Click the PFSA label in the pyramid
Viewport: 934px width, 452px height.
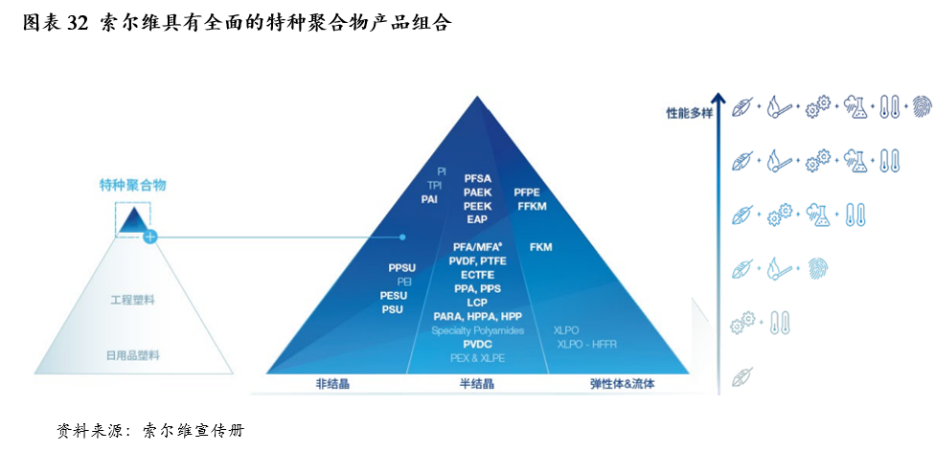[x=477, y=178]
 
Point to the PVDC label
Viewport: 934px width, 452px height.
[x=477, y=344]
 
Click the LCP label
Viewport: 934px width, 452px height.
[x=477, y=303]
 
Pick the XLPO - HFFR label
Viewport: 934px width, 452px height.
[x=587, y=344]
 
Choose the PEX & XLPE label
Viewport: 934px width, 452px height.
[x=477, y=357]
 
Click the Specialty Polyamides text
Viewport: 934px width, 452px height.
[x=477, y=330]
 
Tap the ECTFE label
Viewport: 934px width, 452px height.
[x=477, y=275]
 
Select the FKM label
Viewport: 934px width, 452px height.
[x=540, y=247]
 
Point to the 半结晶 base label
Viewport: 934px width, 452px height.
[x=476, y=384]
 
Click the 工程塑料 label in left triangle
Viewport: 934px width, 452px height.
[x=132, y=300]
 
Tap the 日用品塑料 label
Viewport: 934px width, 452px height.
[x=132, y=355]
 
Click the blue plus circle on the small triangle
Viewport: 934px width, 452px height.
[x=149, y=236]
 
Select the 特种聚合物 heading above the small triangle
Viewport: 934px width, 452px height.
[x=132, y=185]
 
